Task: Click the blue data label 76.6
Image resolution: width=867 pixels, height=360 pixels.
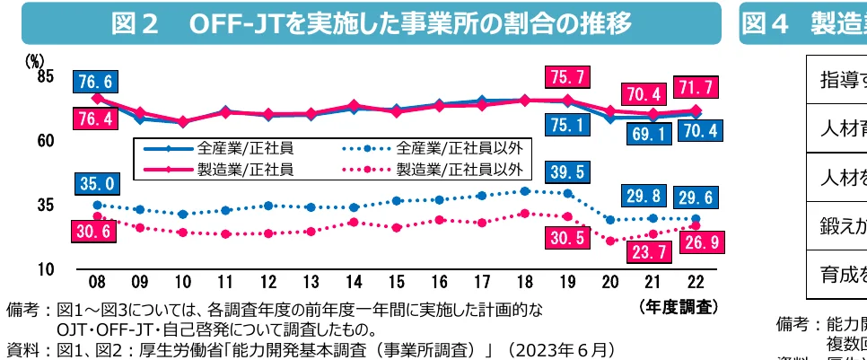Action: (x=94, y=82)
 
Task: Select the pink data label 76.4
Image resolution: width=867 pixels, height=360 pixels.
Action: (x=94, y=119)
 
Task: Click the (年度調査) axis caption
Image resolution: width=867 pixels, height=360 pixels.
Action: (x=679, y=306)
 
